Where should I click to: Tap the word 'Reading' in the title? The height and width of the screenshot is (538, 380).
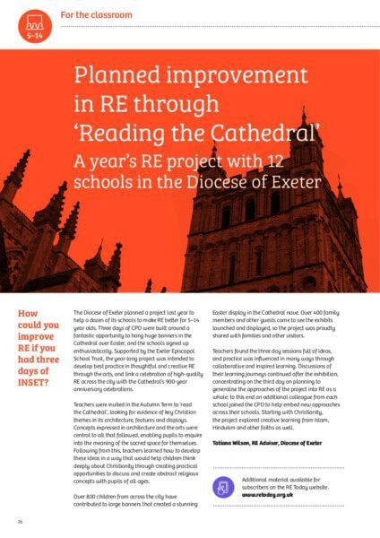(156, 136)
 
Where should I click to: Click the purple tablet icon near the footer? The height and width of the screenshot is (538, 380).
(224, 486)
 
